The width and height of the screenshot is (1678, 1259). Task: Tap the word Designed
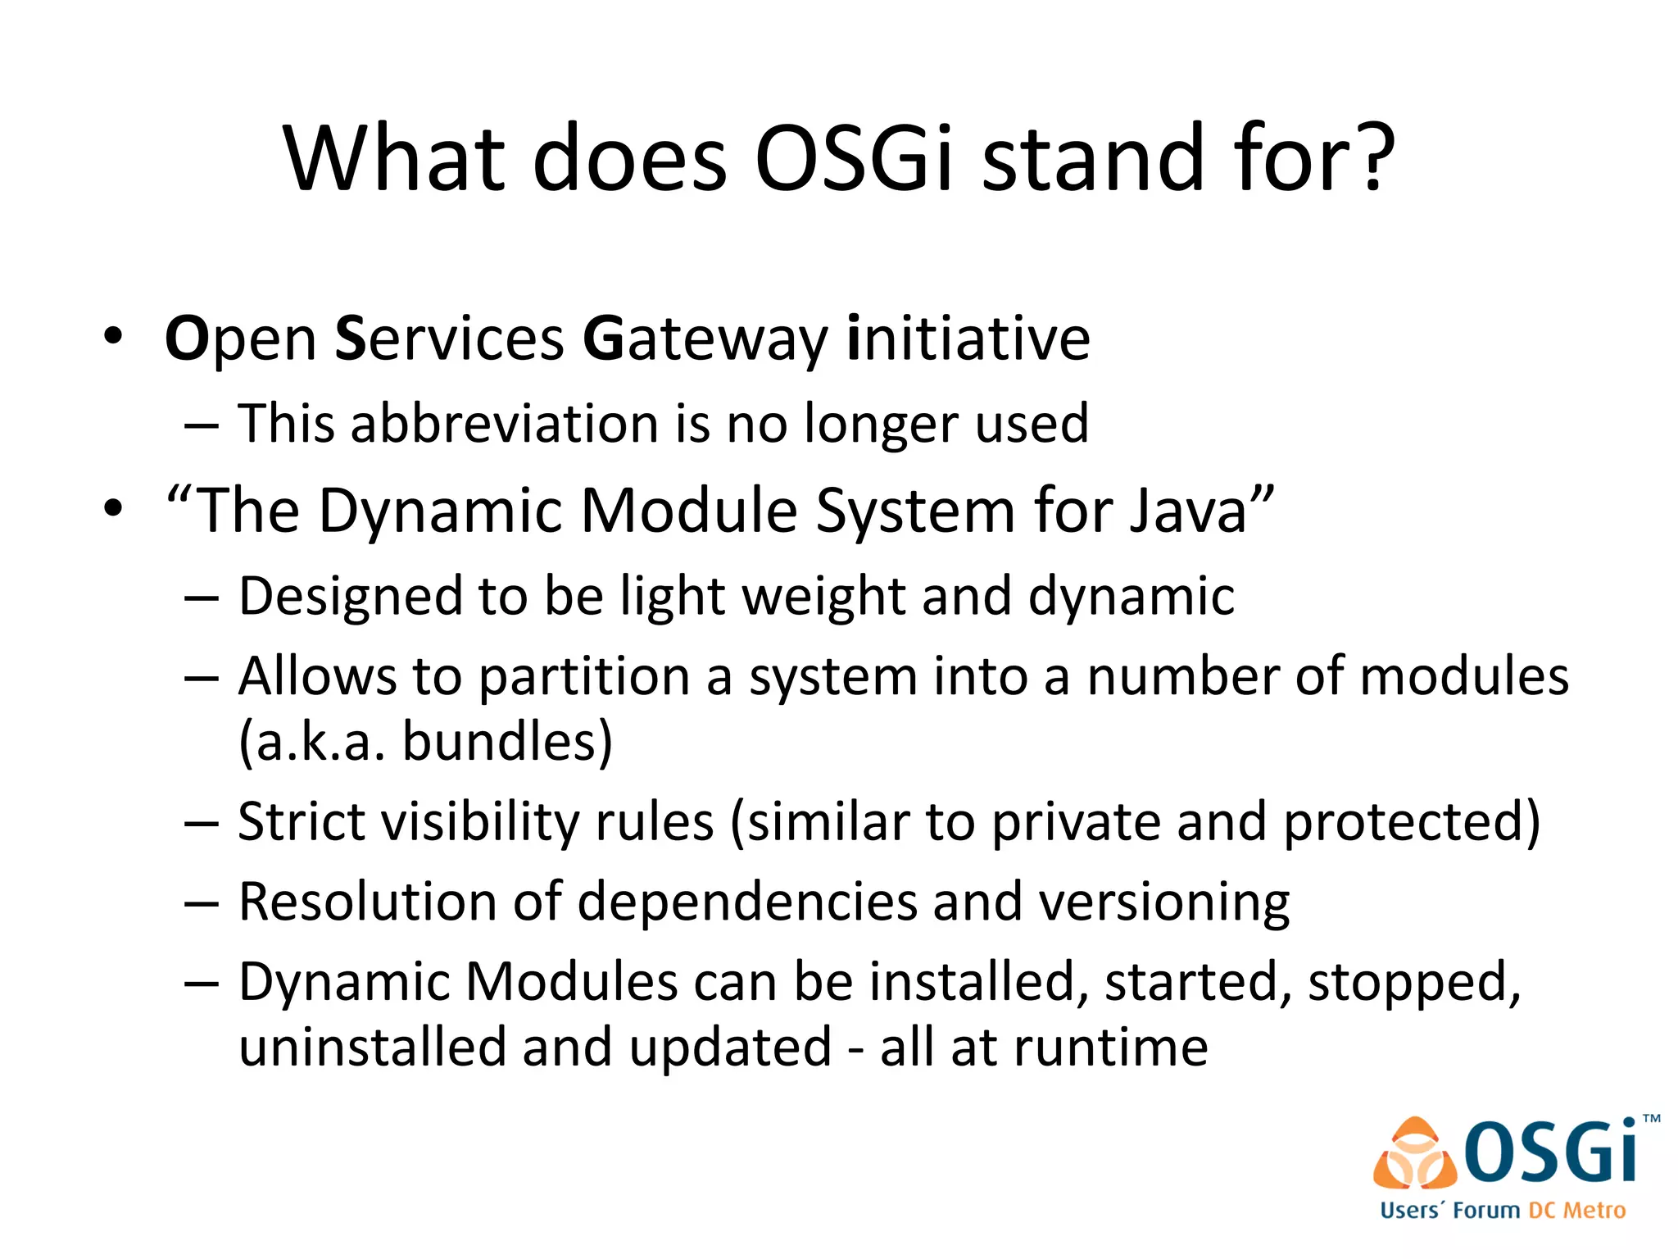[350, 597]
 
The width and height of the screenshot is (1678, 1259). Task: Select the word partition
[584, 679]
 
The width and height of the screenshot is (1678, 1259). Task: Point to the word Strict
[302, 821]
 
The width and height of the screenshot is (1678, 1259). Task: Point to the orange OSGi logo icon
[1414, 1154]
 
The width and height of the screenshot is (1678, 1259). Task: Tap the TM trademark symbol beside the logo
[1652, 1118]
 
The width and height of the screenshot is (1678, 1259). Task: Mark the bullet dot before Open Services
[113, 337]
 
